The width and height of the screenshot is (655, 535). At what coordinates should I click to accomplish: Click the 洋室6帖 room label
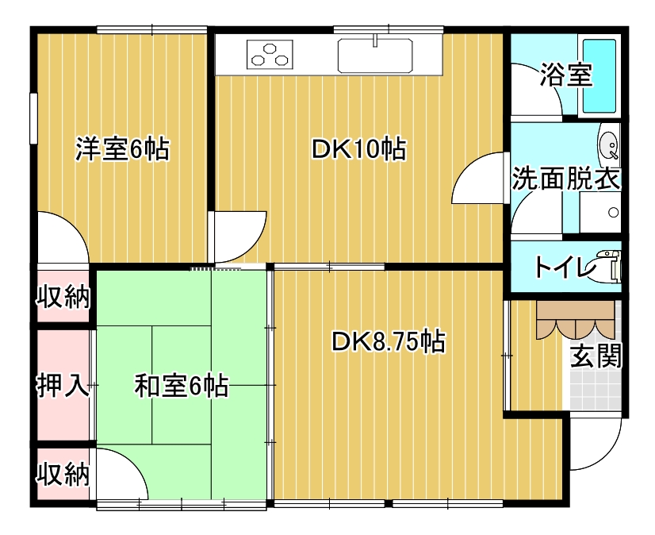[x=122, y=148]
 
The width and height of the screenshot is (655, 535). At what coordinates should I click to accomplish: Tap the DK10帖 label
[x=359, y=148]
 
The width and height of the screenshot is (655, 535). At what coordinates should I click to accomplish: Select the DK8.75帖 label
[x=389, y=342]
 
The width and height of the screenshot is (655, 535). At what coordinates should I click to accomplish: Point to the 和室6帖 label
[x=182, y=385]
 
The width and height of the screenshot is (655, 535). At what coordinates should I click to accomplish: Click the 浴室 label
[x=566, y=75]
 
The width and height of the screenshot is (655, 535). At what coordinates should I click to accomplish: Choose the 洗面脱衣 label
[x=566, y=179]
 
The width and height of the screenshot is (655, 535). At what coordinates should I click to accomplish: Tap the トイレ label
[x=565, y=267]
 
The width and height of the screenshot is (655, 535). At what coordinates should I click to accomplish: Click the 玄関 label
[x=596, y=356]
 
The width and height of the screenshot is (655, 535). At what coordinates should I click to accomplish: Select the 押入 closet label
[x=63, y=385]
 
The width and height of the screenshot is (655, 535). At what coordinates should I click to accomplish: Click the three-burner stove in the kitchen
[x=270, y=55]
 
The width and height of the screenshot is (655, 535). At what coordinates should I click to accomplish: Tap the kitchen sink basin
[x=375, y=56]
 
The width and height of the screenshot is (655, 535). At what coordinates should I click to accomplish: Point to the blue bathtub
[x=599, y=75]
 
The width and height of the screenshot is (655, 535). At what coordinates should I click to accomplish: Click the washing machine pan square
[x=599, y=212]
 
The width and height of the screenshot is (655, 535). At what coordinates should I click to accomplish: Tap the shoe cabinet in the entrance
[x=575, y=319]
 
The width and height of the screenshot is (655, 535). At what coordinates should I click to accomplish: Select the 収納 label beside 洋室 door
[x=63, y=297]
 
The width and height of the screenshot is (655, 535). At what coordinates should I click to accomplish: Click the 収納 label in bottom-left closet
[x=63, y=474]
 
